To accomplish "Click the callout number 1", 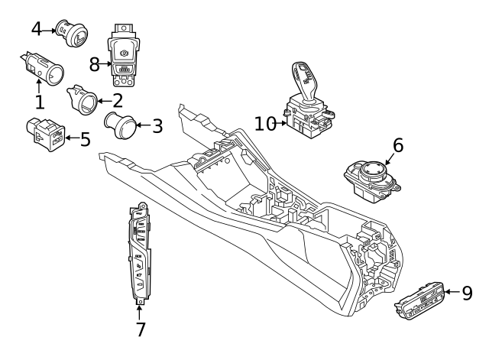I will pos(38,101).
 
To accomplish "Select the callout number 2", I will pos(117,100).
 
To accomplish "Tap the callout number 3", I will pos(157,126).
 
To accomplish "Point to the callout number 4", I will pos(37,29).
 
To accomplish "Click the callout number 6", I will pos(398,145).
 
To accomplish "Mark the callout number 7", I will pos(140,329).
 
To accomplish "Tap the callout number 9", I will pos(467,293).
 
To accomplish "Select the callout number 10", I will pos(264,123).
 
